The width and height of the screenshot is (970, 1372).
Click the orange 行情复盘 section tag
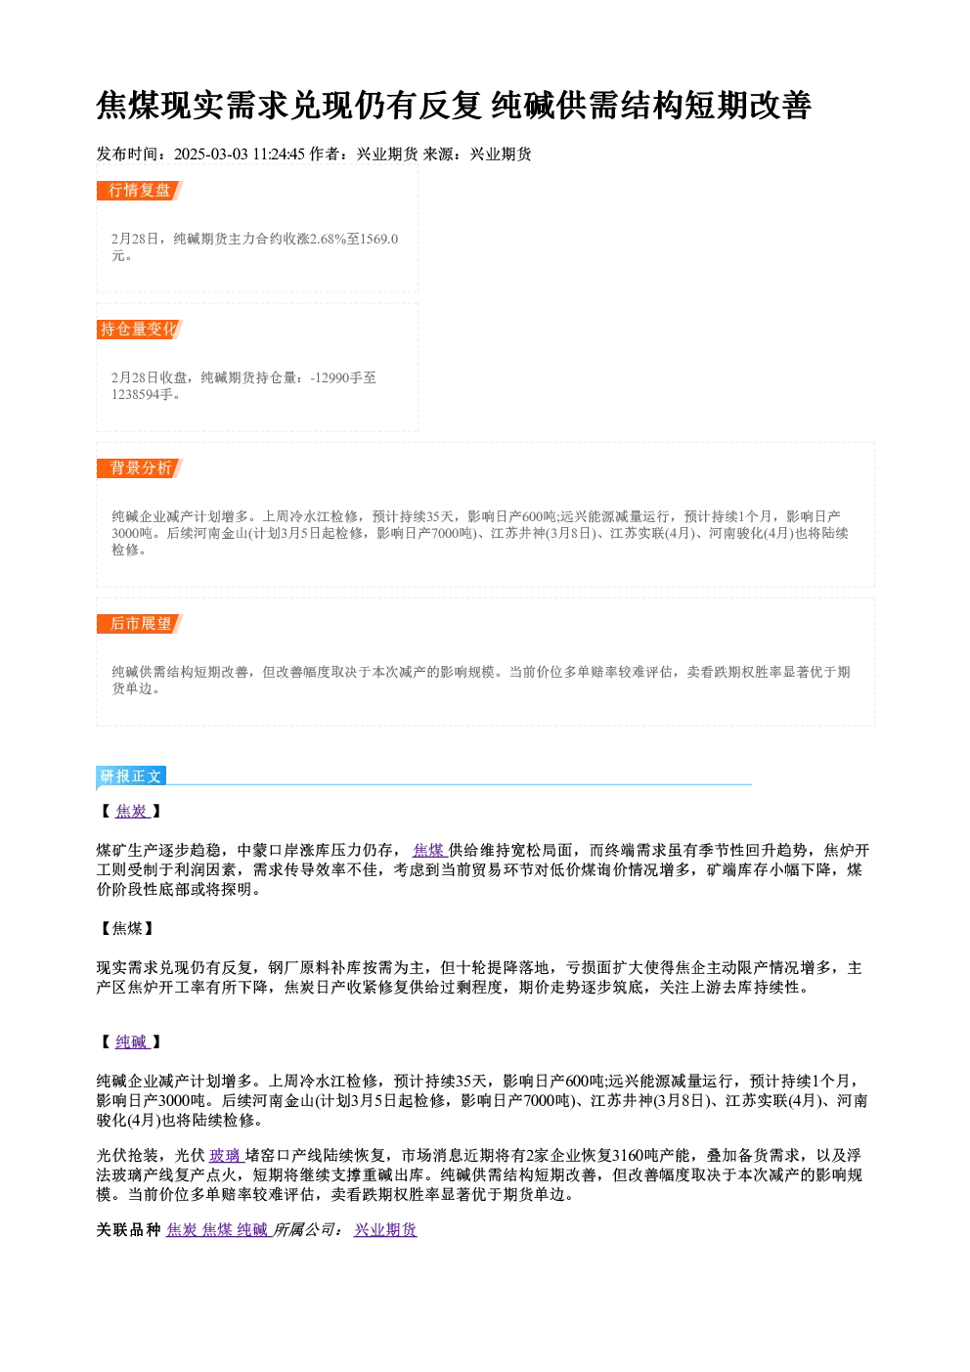140,191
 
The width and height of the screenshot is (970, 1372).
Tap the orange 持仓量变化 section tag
140,330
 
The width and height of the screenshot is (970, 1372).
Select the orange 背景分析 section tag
140,468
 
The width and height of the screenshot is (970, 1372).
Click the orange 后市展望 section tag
140,624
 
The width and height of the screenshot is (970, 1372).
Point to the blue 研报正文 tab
131,776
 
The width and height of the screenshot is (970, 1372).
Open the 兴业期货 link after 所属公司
385,1229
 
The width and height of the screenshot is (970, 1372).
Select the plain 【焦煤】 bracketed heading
127,929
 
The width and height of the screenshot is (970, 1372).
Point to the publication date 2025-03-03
211,155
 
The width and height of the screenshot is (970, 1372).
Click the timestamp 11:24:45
279,155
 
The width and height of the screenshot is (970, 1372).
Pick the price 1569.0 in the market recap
379,239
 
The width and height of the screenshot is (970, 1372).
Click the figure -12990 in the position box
331,377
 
